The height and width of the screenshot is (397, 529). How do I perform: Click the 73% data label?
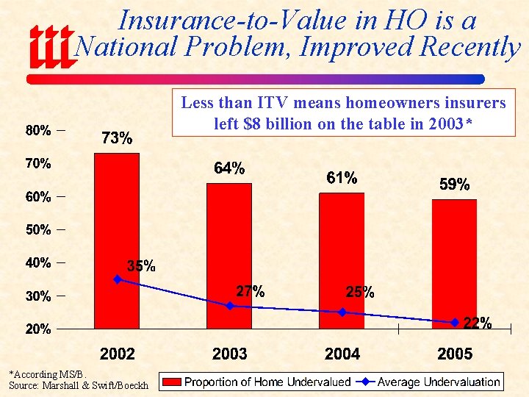coord(117,138)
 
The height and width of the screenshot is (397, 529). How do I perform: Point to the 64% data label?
coord(229,168)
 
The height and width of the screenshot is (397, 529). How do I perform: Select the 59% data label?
coord(454,185)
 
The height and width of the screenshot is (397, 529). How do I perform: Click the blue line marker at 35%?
coord(118,279)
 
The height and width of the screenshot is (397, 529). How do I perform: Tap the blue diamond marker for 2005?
coord(455,322)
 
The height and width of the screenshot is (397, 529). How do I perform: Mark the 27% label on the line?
coord(250,291)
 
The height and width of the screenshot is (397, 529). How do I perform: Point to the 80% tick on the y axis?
coord(38,131)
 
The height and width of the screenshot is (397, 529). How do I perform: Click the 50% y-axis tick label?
coord(38,229)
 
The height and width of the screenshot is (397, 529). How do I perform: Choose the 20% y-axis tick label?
coord(38,329)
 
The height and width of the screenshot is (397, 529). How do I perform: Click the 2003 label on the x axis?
coord(229,354)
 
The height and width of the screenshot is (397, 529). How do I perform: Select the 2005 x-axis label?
coord(454,354)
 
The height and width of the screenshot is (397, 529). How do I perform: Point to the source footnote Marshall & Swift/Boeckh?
coord(78,385)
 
